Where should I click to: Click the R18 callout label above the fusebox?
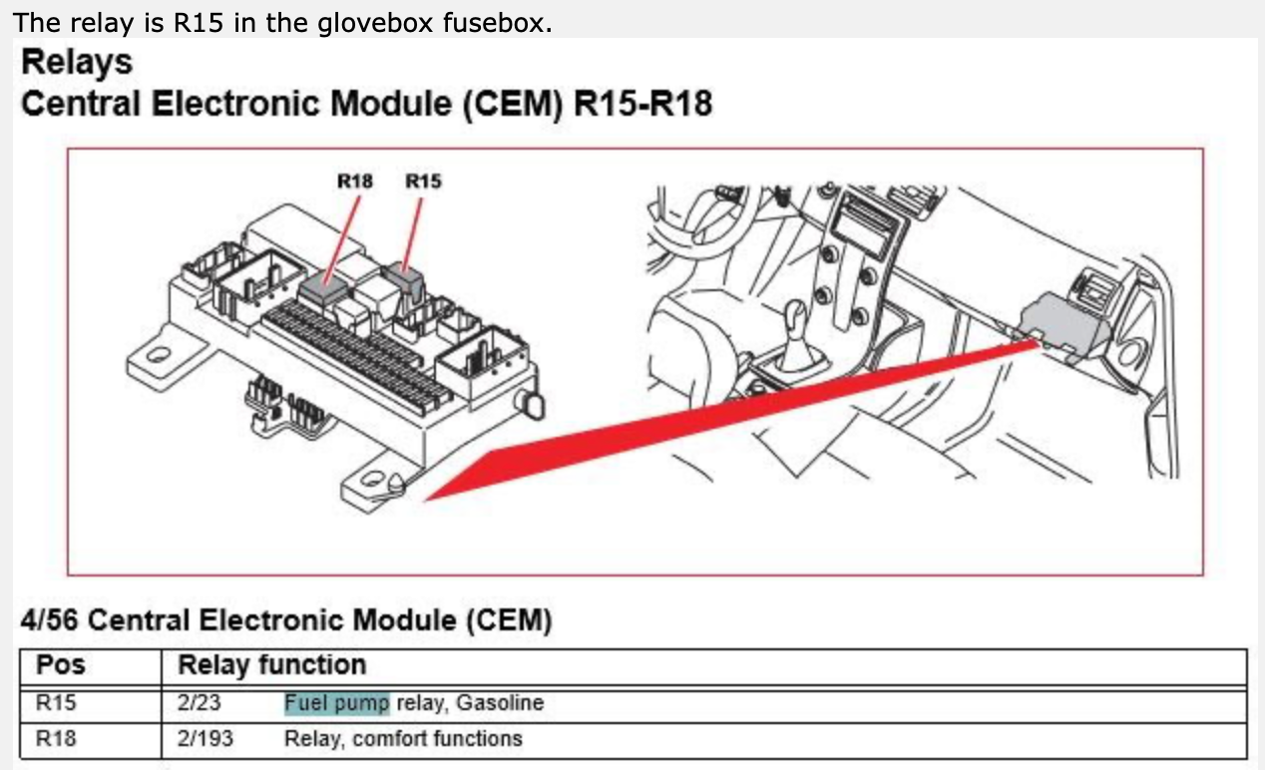tap(355, 182)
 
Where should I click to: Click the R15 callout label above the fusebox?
tap(423, 182)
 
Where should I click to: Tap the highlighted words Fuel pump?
tap(336, 702)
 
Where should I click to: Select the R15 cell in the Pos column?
tap(56, 702)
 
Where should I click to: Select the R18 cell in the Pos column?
tap(56, 739)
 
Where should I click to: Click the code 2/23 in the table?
tap(200, 702)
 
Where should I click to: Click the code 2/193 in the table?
tap(205, 739)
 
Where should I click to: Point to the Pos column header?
tap(61, 665)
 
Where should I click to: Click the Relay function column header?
tap(271, 665)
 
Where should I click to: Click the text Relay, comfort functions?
tap(403, 739)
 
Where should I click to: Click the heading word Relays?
tap(77, 62)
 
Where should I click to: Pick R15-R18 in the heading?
tap(642, 104)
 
